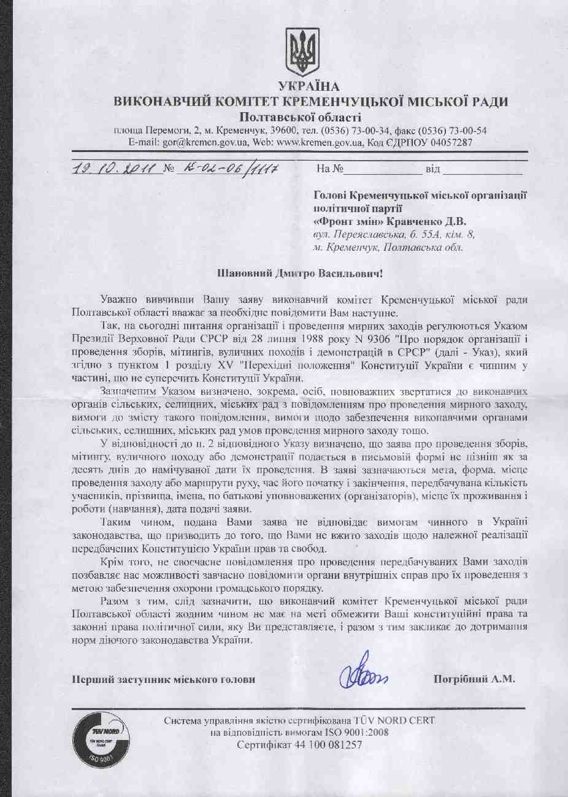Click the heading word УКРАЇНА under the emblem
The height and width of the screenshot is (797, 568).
[x=309, y=86]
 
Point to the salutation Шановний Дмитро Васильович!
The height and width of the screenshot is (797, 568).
[x=300, y=273]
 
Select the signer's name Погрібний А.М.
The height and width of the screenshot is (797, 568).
[x=474, y=679]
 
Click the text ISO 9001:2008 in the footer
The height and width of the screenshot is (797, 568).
[x=356, y=733]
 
